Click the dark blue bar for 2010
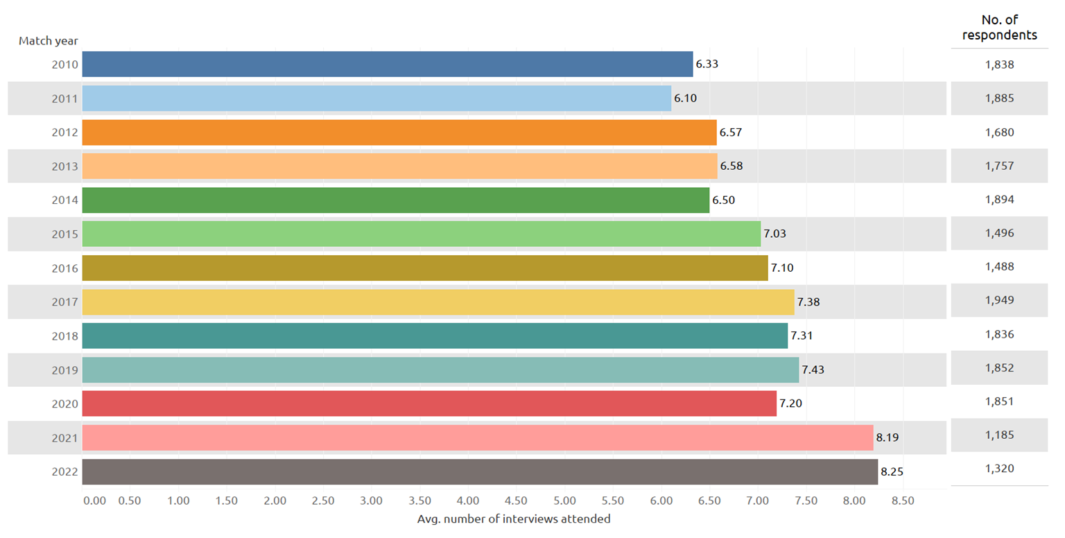tap(388, 64)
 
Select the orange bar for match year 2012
tap(399, 132)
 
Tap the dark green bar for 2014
tap(396, 200)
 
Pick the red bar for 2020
tap(429, 403)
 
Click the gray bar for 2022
tap(480, 471)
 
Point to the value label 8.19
tap(887, 437)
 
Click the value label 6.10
tap(685, 98)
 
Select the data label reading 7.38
tap(808, 302)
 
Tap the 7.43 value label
tap(813, 370)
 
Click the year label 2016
tap(64, 268)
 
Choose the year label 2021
tap(64, 437)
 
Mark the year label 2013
tap(64, 166)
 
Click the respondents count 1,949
tap(999, 300)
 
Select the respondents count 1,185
tap(999, 435)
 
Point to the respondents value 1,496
tap(999, 233)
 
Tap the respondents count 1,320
tap(999, 469)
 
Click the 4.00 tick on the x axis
tap(468, 501)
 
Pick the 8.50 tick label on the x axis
tap(902, 501)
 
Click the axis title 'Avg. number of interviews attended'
tap(514, 519)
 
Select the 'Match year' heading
tap(48, 41)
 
